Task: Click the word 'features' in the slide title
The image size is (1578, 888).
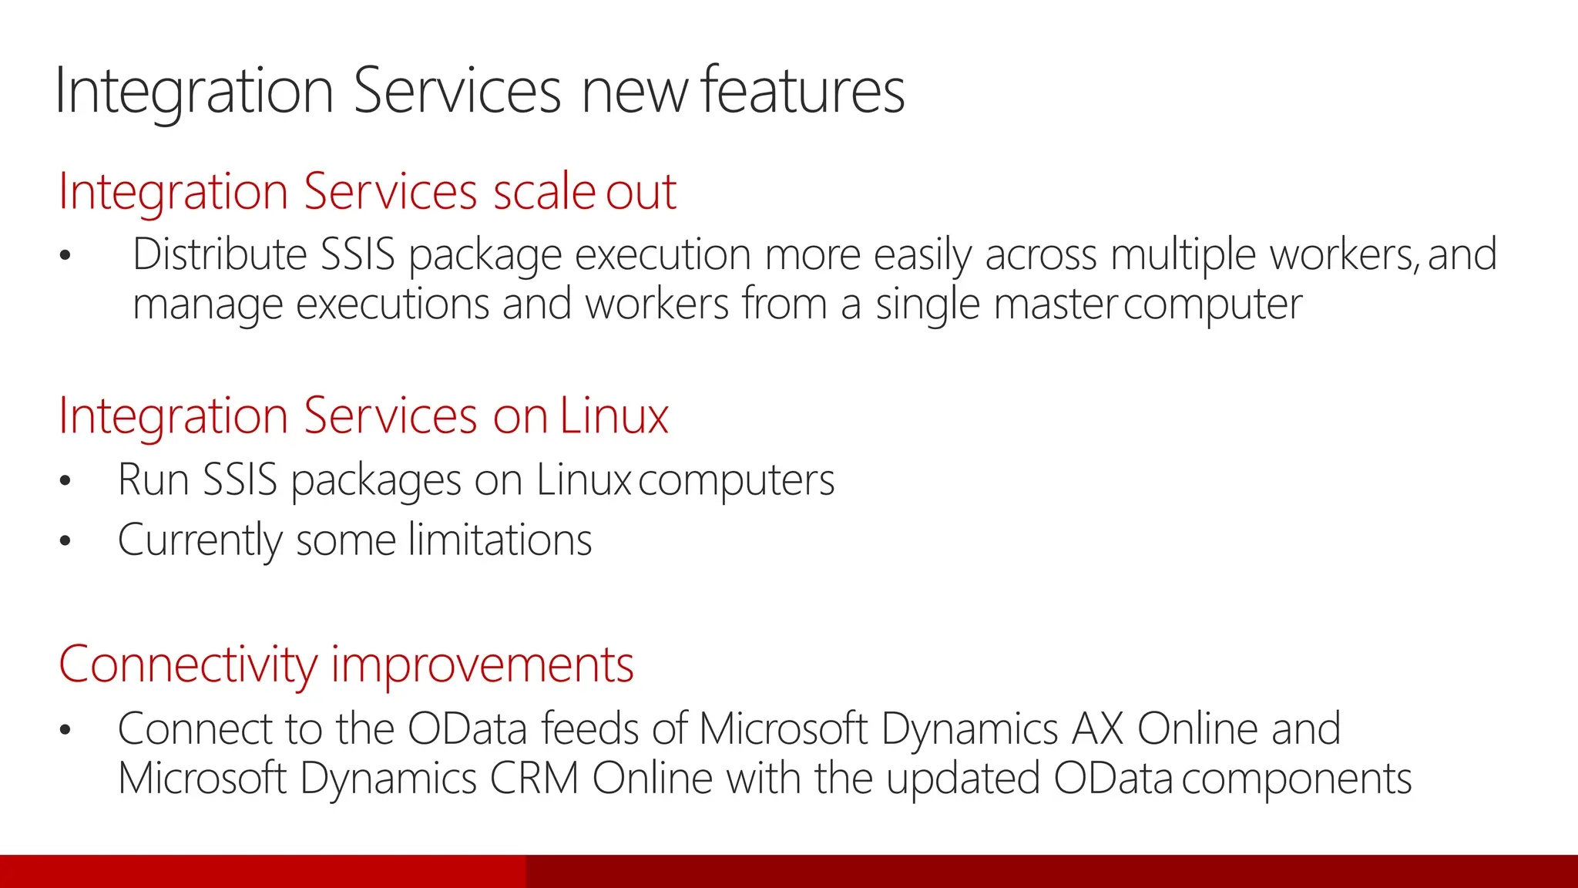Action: click(803, 91)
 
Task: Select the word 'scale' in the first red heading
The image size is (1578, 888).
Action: click(544, 191)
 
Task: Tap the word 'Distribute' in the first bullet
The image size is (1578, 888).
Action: click(220, 254)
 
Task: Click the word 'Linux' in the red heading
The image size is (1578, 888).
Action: click(614, 416)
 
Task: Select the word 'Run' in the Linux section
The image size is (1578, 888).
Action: click(153, 479)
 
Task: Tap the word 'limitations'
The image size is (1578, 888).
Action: click(500, 540)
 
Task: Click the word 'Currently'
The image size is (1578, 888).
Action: click(200, 540)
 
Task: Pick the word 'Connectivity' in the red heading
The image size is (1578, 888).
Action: click(187, 664)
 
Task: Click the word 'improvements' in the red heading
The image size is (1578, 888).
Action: click(482, 664)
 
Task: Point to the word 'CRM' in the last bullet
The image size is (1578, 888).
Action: click(533, 779)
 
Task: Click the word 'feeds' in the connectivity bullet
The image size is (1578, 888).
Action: click(589, 728)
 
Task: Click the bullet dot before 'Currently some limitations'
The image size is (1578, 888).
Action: click(65, 541)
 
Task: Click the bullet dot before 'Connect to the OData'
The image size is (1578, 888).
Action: click(65, 729)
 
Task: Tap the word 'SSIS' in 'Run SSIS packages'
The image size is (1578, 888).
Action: click(240, 479)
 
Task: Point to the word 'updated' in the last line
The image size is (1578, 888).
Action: click(963, 779)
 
